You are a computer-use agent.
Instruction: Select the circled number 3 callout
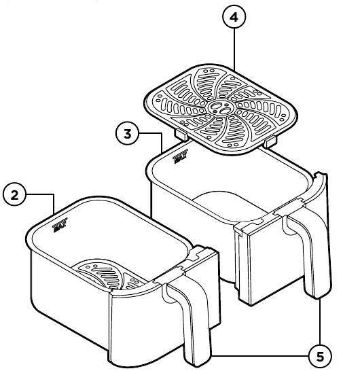(128, 133)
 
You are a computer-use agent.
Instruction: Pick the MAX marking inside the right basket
(180, 160)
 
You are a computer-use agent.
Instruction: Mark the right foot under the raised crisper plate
(270, 141)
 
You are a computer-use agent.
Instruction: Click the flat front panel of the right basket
(258, 268)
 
